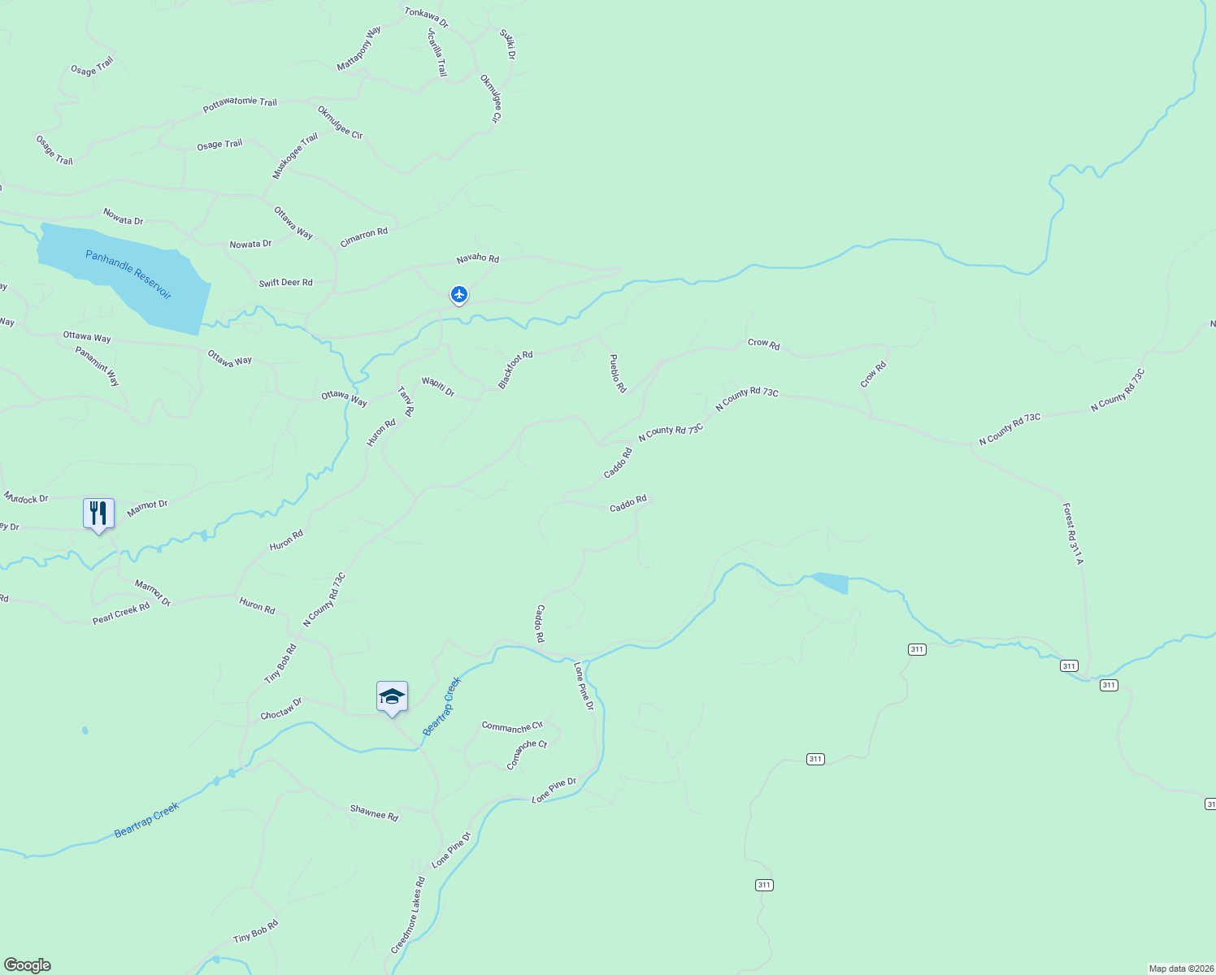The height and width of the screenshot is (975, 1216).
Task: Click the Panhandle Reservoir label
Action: point(128,275)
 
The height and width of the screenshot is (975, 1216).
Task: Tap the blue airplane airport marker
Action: point(459,294)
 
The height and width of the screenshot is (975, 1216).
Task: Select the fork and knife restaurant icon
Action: point(98,513)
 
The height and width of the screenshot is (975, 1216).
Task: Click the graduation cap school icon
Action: point(392,697)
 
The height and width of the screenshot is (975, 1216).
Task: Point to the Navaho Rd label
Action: point(477,258)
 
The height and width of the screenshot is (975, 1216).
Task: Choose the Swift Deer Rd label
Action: point(285,283)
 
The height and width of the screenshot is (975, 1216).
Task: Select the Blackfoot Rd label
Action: point(515,370)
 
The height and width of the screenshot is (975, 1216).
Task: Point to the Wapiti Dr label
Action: point(437,387)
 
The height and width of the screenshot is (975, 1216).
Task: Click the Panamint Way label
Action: point(98,366)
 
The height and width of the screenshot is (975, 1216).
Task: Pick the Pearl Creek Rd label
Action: point(121,613)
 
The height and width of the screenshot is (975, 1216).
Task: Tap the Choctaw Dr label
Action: point(281,708)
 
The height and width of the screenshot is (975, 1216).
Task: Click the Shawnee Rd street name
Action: point(374,812)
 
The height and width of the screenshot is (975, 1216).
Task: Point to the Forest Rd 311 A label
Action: point(1073,534)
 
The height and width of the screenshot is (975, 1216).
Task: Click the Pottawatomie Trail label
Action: point(240,104)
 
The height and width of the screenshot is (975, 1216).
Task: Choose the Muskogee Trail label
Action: point(295,157)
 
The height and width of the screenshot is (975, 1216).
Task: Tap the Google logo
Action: point(28,965)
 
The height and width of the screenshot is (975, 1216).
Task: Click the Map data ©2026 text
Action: point(1180,968)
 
